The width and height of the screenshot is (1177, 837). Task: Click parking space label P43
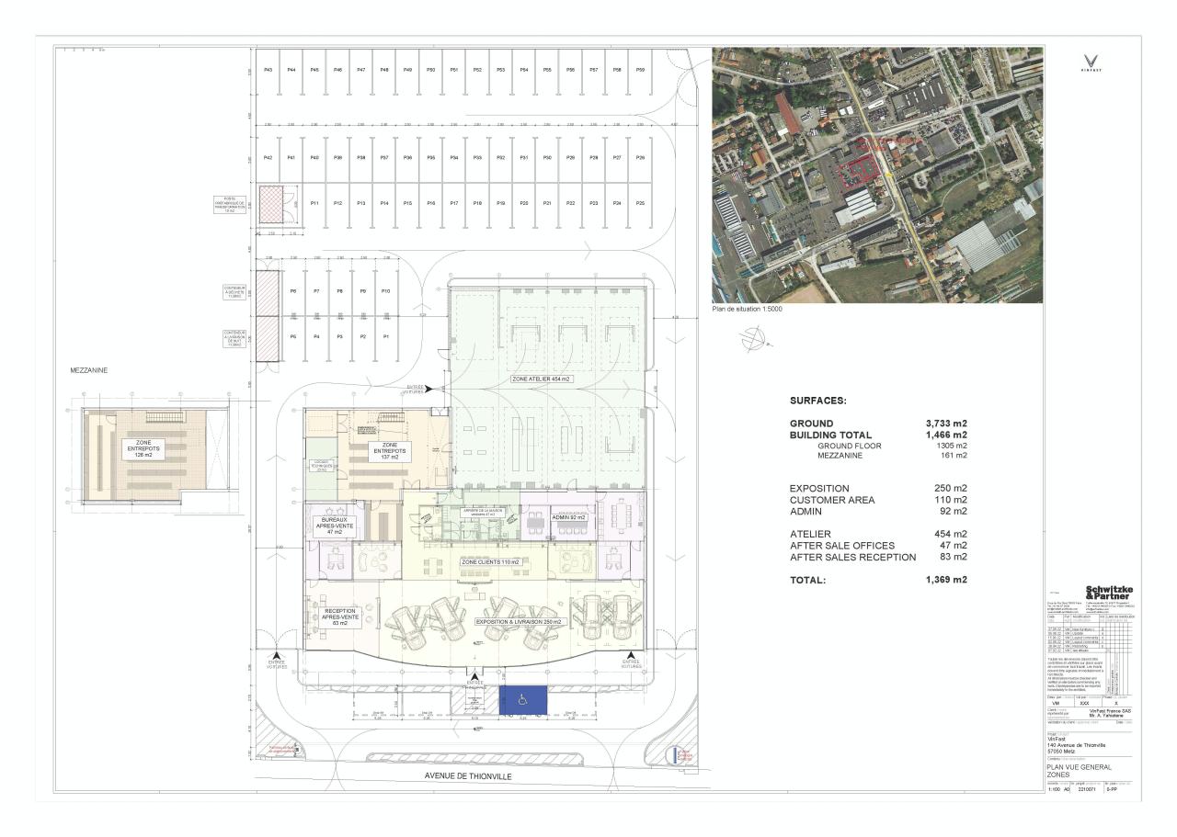268,70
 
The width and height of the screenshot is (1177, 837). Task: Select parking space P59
640,70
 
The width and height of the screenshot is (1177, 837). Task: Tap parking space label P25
640,202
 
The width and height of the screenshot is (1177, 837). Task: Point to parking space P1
386,337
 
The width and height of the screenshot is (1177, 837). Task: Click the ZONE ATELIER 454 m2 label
542,379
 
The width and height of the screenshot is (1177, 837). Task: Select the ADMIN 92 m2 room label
569,517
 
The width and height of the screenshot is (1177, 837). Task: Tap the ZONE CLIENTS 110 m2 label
490,561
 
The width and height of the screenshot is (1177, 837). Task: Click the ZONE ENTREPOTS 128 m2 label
142,449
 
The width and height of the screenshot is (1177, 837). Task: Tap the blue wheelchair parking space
522,700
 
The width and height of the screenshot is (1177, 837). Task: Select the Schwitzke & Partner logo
1109,593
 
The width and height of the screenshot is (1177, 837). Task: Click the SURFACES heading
817,401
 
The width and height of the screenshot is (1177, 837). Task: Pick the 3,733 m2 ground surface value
946,424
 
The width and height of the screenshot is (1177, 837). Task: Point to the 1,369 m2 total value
946,580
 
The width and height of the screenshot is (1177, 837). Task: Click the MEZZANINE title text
89,370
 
